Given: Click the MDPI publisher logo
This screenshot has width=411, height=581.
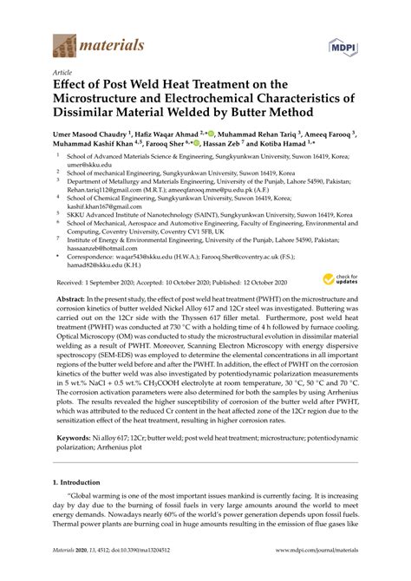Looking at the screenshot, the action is [x=342, y=45].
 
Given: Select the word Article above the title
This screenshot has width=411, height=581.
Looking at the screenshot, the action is [x=63, y=74].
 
